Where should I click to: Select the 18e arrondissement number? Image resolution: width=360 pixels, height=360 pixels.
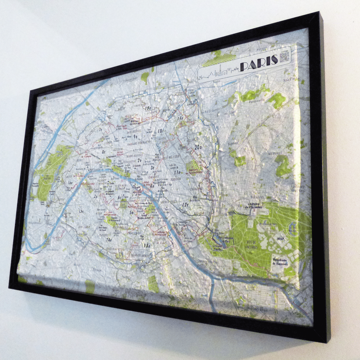(x=148, y=108)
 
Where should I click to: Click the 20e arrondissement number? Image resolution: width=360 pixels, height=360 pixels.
(x=198, y=147)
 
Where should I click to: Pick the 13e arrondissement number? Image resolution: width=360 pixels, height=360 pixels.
(x=147, y=246)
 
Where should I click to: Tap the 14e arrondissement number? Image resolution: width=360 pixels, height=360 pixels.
(x=109, y=240)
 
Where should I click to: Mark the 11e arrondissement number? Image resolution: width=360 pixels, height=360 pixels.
(x=177, y=172)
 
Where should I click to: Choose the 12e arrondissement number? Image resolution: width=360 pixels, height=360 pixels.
(x=185, y=204)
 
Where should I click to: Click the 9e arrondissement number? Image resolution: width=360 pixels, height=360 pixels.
(x=135, y=136)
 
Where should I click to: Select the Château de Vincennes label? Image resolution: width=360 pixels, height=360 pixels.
(x=255, y=205)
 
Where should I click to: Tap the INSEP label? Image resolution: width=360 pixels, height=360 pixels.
(x=281, y=238)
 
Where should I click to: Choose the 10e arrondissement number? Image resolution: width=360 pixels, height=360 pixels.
(x=161, y=131)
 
